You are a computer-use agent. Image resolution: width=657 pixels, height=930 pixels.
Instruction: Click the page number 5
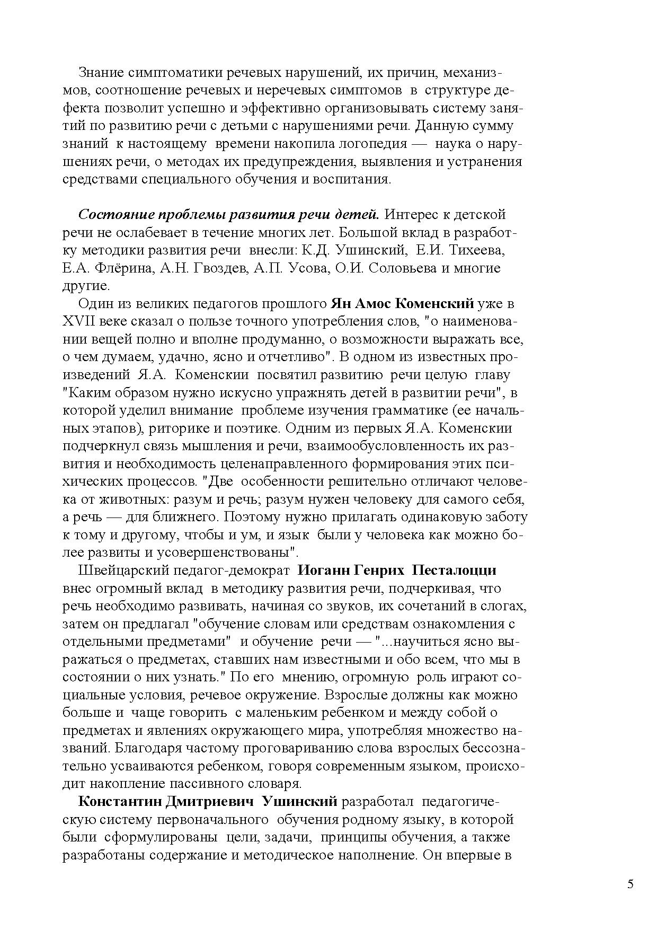coord(630,884)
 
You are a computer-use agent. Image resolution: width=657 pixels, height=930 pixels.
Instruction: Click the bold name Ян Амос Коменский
coord(402,304)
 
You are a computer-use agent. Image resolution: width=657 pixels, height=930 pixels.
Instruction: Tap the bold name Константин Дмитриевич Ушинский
coord(208,801)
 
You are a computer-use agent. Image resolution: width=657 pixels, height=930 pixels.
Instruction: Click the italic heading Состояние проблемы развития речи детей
coord(228,215)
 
